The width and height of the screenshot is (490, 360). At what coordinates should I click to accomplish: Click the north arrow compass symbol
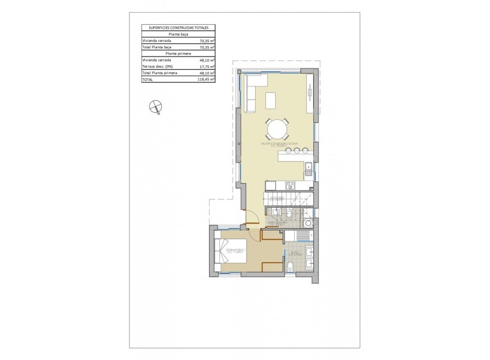pos(154,106)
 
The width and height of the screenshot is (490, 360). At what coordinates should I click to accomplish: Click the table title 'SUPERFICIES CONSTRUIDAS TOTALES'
pos(178,27)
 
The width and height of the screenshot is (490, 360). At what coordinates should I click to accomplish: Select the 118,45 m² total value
pos(207,79)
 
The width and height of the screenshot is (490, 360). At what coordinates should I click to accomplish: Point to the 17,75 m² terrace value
pos(207,67)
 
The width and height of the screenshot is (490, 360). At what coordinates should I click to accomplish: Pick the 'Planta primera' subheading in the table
pos(178,54)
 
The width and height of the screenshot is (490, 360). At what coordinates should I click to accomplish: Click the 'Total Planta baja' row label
pos(157,47)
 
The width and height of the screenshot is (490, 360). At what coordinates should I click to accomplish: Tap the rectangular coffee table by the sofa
pos(271,100)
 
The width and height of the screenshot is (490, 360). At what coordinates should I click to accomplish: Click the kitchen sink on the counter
pos(309,169)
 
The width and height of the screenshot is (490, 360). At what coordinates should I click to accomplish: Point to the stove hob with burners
pos(291,185)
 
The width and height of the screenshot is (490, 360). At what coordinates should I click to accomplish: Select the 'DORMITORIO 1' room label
pos(235,249)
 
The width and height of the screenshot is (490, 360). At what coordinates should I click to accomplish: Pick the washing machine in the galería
pos(309,223)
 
